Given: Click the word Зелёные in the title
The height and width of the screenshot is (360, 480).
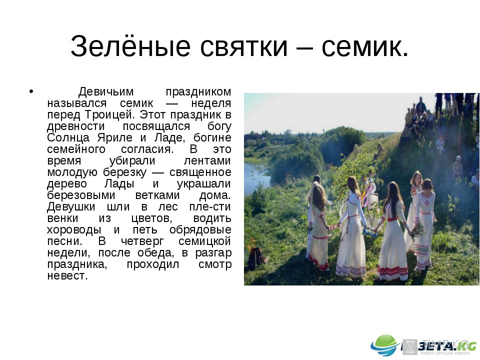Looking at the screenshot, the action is point(130,46).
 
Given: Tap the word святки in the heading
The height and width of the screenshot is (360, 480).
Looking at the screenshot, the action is point(244,47).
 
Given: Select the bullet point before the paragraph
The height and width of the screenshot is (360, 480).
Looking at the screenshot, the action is point(31,91).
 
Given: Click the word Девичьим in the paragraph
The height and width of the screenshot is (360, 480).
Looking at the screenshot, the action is point(106,91).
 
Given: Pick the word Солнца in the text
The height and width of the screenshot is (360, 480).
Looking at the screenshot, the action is point(68,138).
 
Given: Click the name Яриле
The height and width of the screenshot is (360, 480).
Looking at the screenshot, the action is point(115,138).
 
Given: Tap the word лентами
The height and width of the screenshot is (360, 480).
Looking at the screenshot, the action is point(207,161).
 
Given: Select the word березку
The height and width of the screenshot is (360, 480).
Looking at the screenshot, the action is point(124,172).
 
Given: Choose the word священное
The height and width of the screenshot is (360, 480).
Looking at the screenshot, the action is point(200,172).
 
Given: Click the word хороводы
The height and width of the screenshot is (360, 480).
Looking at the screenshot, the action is point(74,230).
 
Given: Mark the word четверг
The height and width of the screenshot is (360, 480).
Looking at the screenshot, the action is point(142,241).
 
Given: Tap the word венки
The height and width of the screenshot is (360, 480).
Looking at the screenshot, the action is point(63,218).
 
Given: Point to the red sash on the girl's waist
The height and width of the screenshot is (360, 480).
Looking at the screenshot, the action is point(392,219).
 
